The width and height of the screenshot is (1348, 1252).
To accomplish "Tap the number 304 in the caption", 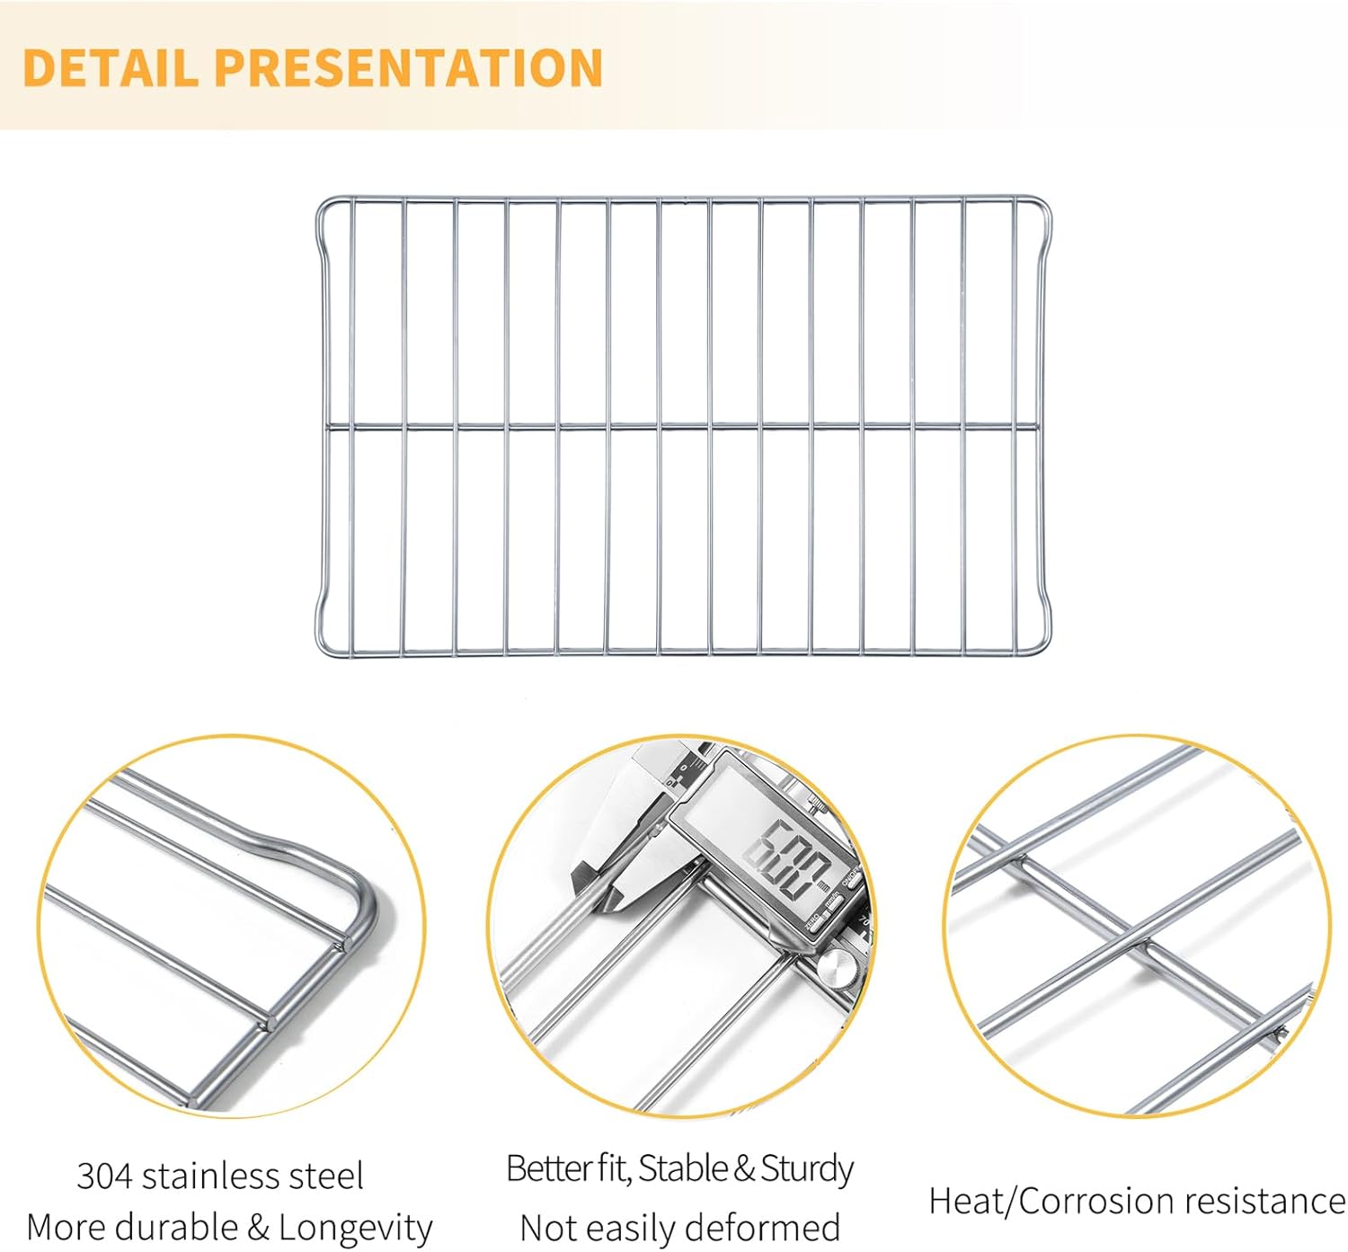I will click(104, 1176).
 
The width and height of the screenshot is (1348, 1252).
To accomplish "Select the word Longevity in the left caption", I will click(355, 1227).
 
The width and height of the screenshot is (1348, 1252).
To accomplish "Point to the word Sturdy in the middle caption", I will click(806, 1168).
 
